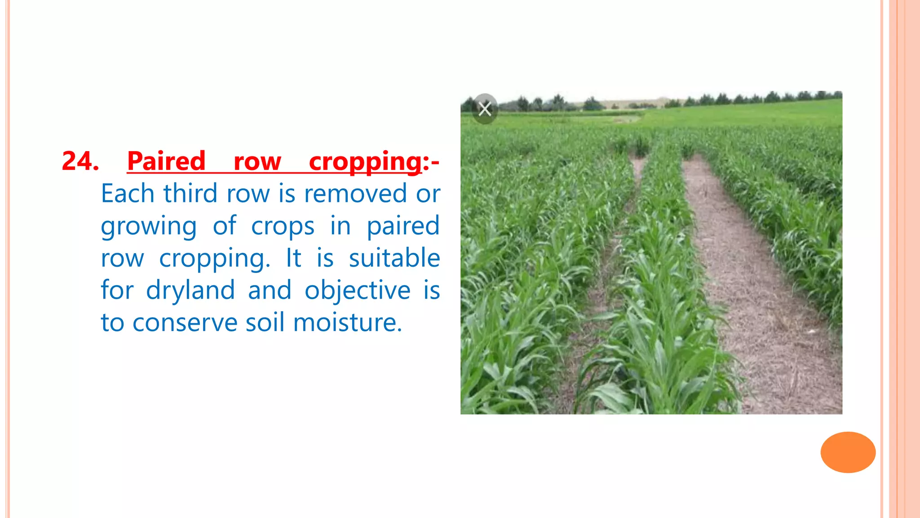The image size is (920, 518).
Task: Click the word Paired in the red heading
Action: coord(166,161)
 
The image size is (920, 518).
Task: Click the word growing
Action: coord(149,227)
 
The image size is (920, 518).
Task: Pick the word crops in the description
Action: coord(283,227)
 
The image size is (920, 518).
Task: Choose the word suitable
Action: coord(394,258)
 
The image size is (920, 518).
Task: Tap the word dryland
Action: coord(190,290)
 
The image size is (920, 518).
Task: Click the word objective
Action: coord(358,290)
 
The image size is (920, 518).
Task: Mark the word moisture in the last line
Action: coord(347,322)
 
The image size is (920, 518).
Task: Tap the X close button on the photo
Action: coord(485,109)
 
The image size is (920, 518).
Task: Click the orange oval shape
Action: coord(848,452)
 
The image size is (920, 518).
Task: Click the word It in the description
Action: coord(293,258)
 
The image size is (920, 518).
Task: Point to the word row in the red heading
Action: coord(257,161)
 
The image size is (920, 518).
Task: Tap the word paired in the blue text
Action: coord(403,227)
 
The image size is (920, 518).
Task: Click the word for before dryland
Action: coord(117,290)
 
